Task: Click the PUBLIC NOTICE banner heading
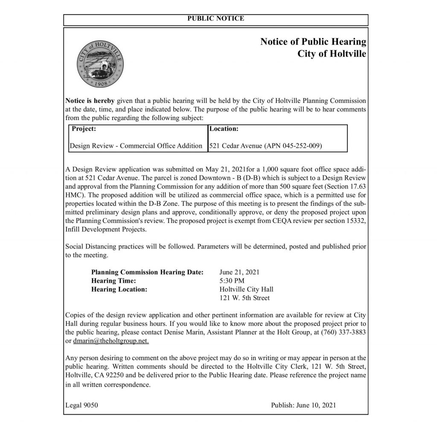pyautogui.click(x=216, y=18)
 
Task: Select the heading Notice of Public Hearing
pyautogui.click(x=313, y=42)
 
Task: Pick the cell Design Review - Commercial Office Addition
pyautogui.click(x=136, y=146)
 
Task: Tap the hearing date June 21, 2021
pyautogui.click(x=239, y=272)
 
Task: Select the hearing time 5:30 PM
pyautogui.click(x=232, y=281)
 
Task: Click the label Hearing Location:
pyautogui.click(x=119, y=289)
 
